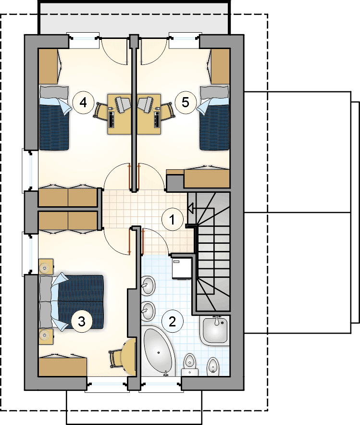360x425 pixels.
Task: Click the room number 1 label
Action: (172, 220)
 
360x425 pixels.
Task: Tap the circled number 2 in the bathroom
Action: (172, 322)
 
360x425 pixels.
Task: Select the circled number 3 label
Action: (82, 322)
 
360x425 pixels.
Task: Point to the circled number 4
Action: (83, 103)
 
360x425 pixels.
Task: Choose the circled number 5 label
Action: (185, 102)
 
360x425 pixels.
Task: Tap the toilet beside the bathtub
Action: (189, 365)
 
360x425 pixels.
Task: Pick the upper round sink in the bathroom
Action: (148, 285)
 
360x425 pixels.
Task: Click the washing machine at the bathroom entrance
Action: (182, 269)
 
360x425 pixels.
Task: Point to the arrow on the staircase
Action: (191, 209)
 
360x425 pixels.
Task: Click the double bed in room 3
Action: (72, 303)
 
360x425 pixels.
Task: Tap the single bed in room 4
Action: (54, 118)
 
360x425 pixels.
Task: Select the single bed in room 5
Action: (214, 118)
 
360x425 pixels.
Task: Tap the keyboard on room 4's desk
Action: (112, 119)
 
